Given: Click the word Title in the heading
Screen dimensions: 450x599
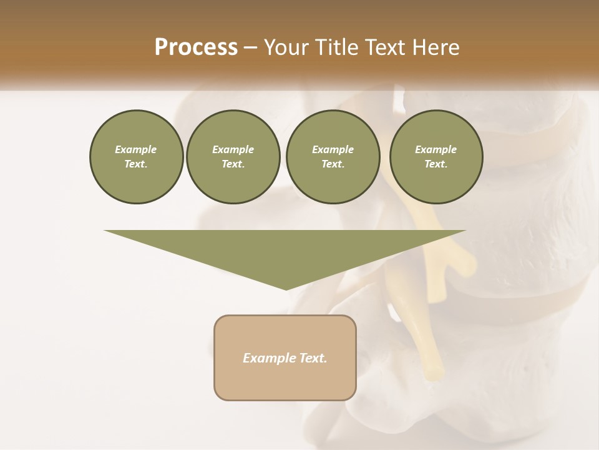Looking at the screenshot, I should (333, 47).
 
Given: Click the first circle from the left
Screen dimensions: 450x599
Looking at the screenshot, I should (136, 157).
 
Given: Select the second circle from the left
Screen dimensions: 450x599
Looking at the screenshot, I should (233, 157).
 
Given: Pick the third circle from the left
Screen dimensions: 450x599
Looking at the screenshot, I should (333, 157).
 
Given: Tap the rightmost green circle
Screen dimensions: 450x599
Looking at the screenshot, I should (436, 157).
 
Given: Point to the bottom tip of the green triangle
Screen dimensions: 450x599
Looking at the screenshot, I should (286, 289).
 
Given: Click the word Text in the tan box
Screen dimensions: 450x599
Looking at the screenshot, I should (314, 358).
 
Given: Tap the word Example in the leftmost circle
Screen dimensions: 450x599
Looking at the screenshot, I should (136, 150).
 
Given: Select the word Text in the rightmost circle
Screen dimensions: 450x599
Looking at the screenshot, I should (436, 164).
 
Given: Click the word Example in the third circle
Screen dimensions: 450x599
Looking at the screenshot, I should (333, 150).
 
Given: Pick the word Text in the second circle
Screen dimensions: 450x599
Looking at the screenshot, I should (233, 164).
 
